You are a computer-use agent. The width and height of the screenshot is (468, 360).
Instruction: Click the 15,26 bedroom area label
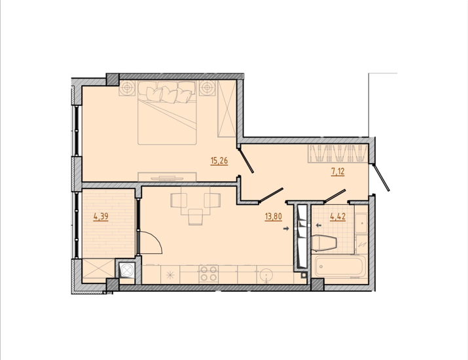pos(219,161)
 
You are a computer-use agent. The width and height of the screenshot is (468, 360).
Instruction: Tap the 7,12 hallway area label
pos(338,171)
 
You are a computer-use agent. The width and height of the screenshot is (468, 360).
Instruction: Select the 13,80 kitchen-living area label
pos(273,216)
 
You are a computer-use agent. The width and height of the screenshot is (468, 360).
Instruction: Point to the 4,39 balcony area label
pos(101,216)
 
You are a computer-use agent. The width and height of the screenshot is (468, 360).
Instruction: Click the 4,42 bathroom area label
pos(338,216)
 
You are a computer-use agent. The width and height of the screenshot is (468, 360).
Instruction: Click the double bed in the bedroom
pos(167,113)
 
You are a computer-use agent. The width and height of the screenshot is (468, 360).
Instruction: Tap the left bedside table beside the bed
pos(128,88)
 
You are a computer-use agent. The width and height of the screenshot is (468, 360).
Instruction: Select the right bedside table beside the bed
pos(207,88)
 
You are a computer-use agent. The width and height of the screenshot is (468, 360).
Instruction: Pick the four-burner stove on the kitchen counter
pos(209,274)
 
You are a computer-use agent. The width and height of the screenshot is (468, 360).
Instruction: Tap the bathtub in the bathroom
pos(340,266)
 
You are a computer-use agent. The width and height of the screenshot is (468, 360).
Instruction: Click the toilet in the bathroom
pos(324,243)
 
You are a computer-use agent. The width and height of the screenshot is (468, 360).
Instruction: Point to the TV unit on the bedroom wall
pos(167,177)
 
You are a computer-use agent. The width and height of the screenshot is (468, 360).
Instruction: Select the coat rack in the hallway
pos(338,153)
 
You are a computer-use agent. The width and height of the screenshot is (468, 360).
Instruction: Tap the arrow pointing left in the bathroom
pos(319,225)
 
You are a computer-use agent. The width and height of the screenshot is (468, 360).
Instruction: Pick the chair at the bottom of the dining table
pos(196,217)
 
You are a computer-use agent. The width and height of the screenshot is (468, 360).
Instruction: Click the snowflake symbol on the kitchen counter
pos(170,275)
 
